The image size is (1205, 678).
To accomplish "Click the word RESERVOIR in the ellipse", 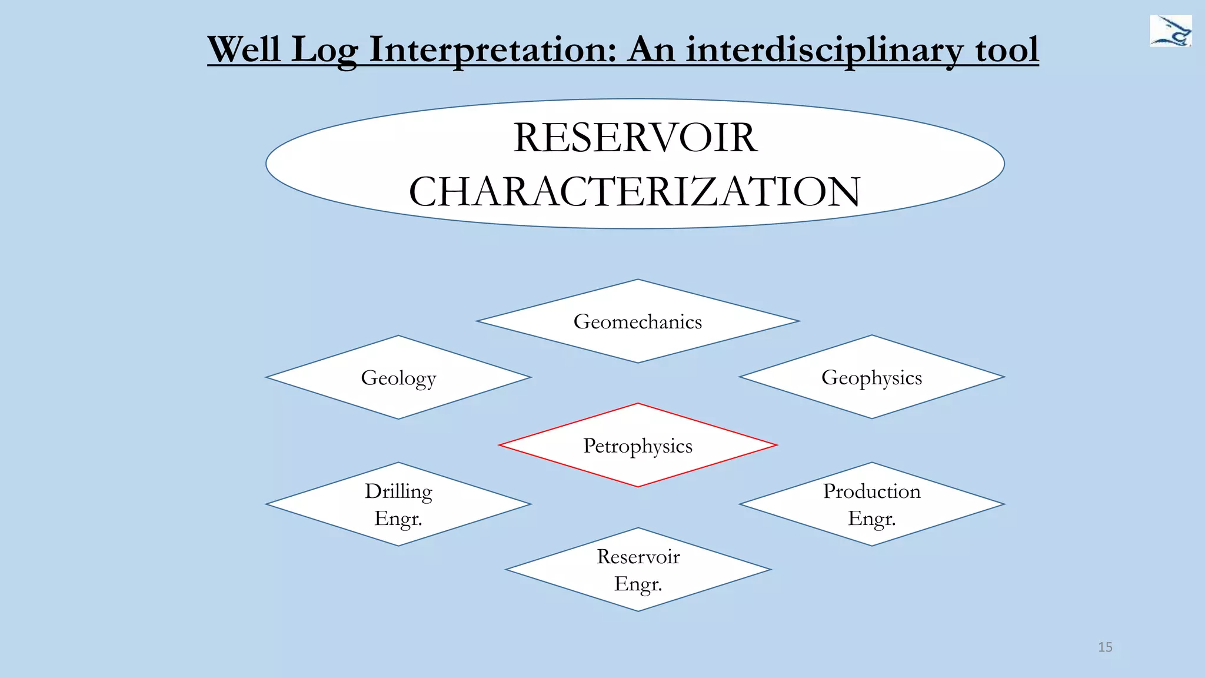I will click(635, 138).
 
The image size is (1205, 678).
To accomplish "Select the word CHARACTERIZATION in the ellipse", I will click(634, 192).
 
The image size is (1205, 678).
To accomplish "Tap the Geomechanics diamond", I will click(638, 321).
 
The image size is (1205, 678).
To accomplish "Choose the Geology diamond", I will click(398, 377).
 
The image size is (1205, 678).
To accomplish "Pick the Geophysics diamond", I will click(871, 377).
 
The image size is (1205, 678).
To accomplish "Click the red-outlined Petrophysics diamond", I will click(638, 446).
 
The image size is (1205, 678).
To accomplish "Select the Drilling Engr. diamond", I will click(398, 504).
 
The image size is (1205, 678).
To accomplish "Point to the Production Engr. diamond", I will click(871, 504).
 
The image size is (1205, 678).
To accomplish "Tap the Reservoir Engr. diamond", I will click(638, 570).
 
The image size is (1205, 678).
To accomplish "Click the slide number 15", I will click(1105, 647).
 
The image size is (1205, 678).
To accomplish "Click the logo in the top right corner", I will click(1170, 31).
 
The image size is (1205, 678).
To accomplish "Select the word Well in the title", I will click(244, 49).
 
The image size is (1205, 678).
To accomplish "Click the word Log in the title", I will click(324, 49).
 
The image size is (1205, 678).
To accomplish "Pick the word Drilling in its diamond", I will click(398, 491).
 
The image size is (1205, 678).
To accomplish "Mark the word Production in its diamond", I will click(871, 491).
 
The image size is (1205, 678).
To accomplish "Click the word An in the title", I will click(651, 49).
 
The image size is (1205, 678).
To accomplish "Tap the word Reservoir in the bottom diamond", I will click(638, 557).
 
